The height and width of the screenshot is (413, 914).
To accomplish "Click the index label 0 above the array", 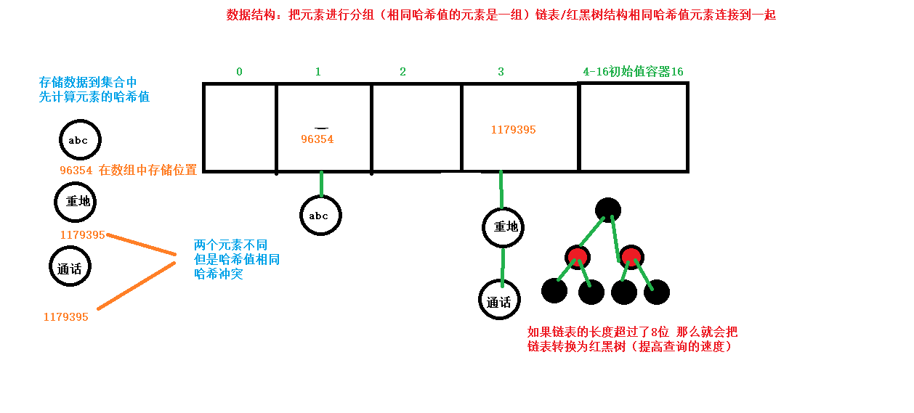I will coord(239,72).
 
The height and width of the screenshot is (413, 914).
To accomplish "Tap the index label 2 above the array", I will coord(403,72).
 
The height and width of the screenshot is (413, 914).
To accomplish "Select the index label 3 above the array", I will coord(501,72).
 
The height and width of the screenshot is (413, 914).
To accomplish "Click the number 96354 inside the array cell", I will coord(318,139).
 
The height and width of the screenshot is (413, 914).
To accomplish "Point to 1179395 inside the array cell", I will coord(513,130).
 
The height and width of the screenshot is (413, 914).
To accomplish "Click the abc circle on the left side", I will coord(80,140).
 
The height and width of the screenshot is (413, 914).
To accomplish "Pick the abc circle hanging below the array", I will coord(320,215).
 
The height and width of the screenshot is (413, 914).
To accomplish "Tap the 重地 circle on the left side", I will coord(76,201).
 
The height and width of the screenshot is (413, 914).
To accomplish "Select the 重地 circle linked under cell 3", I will coord(503,226).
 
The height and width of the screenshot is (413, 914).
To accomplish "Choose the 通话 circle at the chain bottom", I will coord(499,300).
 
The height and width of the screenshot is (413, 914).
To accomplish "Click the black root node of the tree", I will coord(607,210).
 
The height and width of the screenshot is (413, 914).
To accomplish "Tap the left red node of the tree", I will coord(578,257).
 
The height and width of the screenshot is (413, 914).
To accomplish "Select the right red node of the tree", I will coord(631,257).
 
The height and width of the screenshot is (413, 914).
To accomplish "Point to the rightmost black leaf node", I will coord(657,292).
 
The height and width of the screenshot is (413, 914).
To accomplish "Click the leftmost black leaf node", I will coord(554,291).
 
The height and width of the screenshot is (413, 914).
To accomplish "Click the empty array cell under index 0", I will coord(240,127).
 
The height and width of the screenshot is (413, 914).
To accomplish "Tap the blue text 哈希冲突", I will coord(219,274).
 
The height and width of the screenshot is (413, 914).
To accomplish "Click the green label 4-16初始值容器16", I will coord(633,72).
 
